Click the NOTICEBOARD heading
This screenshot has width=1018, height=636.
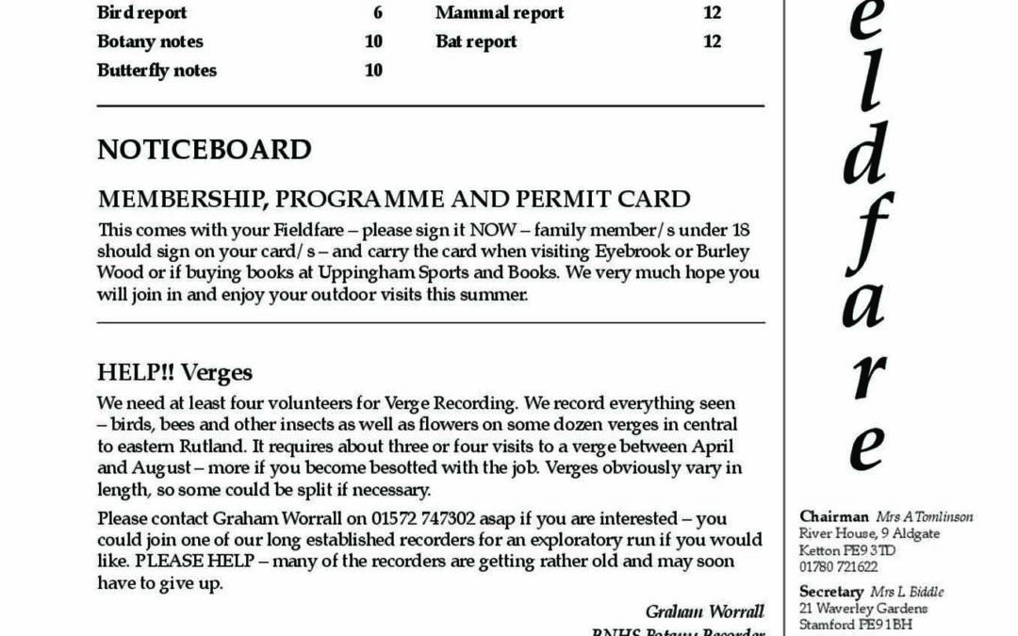click(x=204, y=150)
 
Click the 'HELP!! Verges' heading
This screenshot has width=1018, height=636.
click(x=174, y=372)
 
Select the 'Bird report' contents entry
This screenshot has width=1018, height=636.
click(x=141, y=13)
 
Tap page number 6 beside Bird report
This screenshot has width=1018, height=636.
click(x=377, y=13)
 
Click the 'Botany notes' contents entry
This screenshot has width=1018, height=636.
click(x=149, y=41)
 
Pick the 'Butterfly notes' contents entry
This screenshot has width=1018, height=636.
click(x=156, y=71)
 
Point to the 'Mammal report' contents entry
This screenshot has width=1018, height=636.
click(x=500, y=13)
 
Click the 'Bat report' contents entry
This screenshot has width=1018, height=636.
click(x=476, y=41)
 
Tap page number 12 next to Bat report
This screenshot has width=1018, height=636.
click(x=712, y=41)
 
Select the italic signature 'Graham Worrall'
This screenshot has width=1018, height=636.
click(x=704, y=612)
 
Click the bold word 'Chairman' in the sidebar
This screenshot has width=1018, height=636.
click(x=834, y=516)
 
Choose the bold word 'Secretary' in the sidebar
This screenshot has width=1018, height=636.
click(x=831, y=592)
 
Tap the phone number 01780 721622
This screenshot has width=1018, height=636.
click(x=838, y=567)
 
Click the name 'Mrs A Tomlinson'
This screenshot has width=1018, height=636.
click(x=924, y=516)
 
